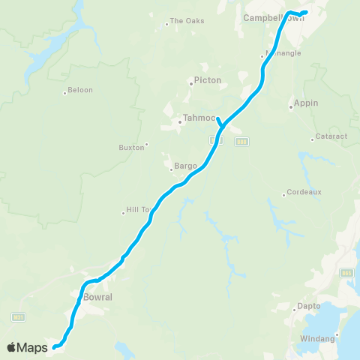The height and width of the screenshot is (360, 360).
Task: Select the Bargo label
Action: coord(186,165)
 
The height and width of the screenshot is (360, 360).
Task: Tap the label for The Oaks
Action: coord(184,21)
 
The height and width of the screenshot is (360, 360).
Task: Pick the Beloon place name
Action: coord(80,90)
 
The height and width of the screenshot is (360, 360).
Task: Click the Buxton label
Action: coord(131,148)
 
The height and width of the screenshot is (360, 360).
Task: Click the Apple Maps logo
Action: coord(28,347)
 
